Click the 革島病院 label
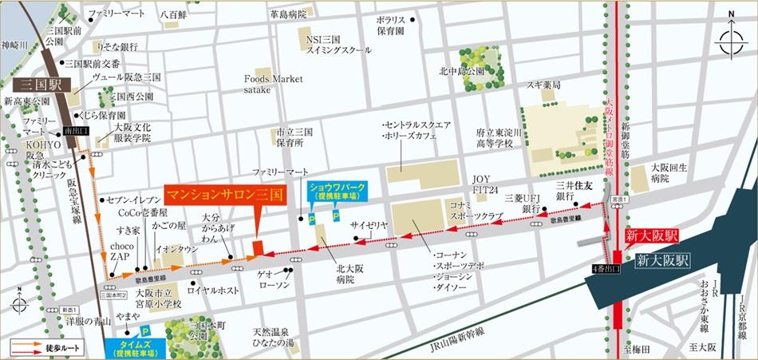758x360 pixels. point(288,14)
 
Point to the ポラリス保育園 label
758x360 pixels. point(391,24)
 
